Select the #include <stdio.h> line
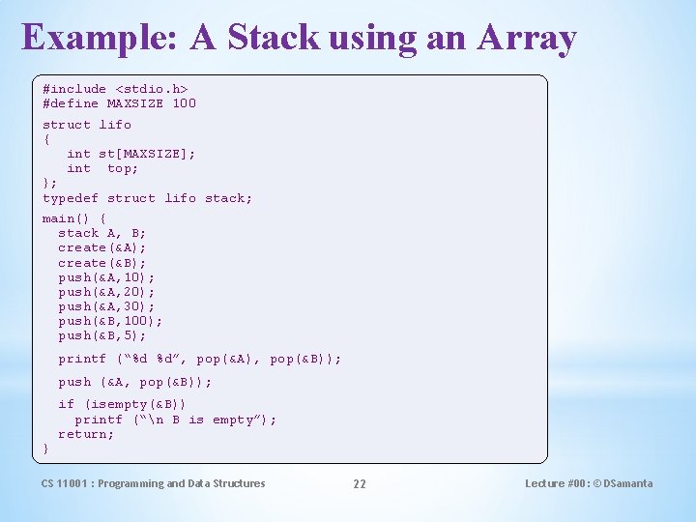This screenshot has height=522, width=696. [x=115, y=89]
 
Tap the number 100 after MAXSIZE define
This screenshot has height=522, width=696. [x=184, y=103]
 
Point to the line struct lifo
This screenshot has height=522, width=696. [x=87, y=125]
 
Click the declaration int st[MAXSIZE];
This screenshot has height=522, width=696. [x=130, y=154]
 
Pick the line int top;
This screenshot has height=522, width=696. [x=102, y=168]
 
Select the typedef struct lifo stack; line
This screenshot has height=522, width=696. [x=147, y=198]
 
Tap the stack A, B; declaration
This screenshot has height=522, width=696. [x=102, y=233]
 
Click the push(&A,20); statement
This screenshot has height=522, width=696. [x=106, y=292]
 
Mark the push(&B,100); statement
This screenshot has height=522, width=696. [x=110, y=321]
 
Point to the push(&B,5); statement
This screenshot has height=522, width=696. [x=102, y=335]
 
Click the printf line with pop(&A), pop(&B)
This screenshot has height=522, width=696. [x=199, y=359]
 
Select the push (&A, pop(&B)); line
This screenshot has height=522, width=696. [x=134, y=382]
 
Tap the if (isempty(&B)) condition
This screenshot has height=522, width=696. [x=122, y=404]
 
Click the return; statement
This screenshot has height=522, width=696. [x=86, y=434]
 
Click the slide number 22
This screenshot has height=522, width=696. [x=359, y=484]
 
